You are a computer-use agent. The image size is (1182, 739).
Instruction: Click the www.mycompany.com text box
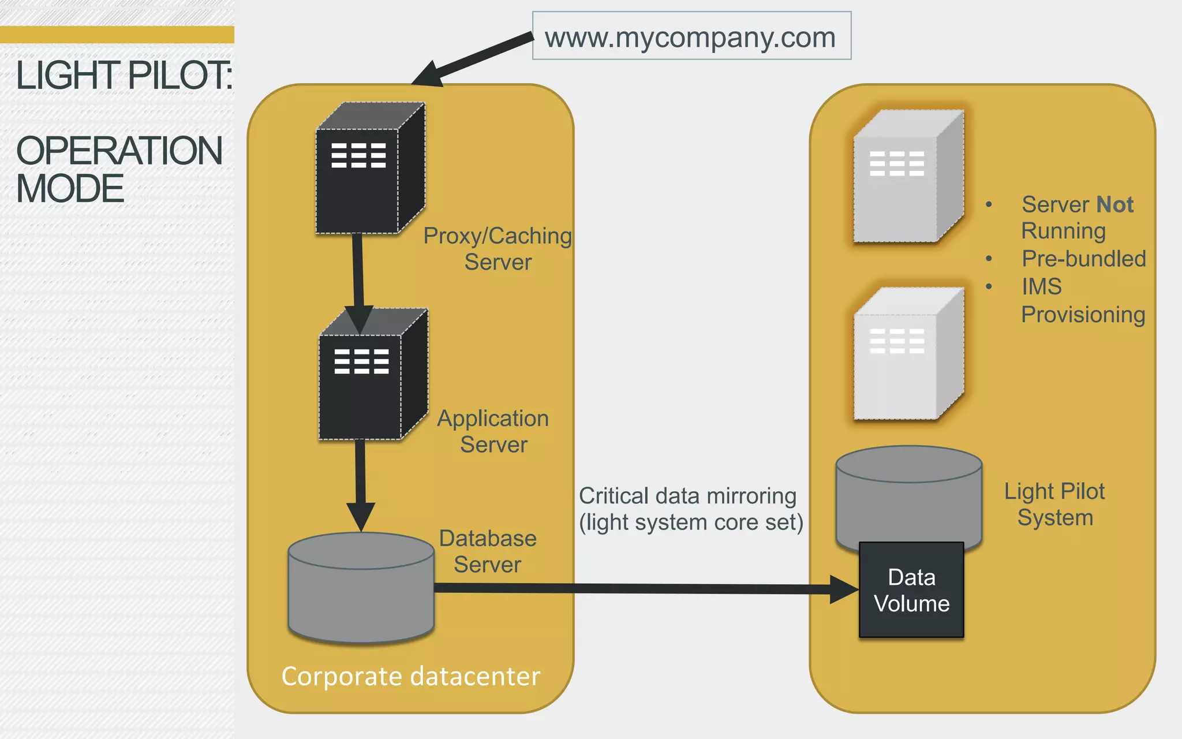[x=691, y=36]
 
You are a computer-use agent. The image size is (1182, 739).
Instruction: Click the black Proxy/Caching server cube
[x=364, y=173]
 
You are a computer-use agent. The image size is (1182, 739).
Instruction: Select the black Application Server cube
[x=367, y=381]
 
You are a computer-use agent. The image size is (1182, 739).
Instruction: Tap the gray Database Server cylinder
[x=361, y=595]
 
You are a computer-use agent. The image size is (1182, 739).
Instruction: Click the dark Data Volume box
[x=911, y=590]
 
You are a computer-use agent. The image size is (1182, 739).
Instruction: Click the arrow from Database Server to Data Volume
[x=635, y=588]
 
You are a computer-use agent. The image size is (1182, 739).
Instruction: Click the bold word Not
[x=1114, y=204]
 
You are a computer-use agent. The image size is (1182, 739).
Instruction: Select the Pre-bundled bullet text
[x=1083, y=259]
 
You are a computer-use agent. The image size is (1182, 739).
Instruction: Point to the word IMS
[x=1041, y=286]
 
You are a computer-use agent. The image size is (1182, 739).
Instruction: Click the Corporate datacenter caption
[x=410, y=676]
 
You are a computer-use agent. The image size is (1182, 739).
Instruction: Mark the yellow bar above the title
[x=117, y=34]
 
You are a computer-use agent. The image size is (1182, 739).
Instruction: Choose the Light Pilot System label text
[x=1054, y=504]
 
